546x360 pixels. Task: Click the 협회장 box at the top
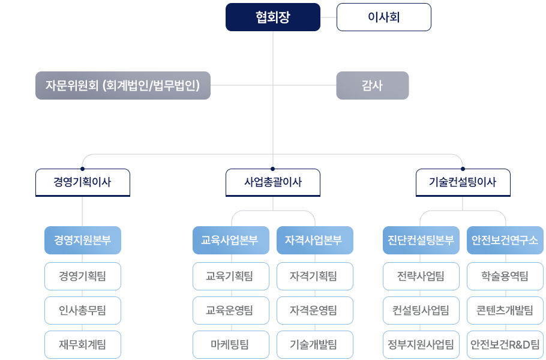pyautogui.click(x=272, y=17)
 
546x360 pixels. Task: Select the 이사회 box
pyautogui.click(x=383, y=17)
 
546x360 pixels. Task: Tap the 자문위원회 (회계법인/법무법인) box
pyautogui.click(x=123, y=85)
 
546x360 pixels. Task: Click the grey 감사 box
pyautogui.click(x=372, y=85)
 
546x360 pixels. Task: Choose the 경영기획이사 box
pyautogui.click(x=82, y=182)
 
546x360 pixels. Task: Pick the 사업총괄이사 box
pyautogui.click(x=272, y=182)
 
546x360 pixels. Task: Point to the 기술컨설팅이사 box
pyautogui.click(x=463, y=182)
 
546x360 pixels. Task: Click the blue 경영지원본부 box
pyautogui.click(x=82, y=240)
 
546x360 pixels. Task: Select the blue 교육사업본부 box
pyautogui.click(x=231, y=240)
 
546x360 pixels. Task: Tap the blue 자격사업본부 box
pyautogui.click(x=315, y=240)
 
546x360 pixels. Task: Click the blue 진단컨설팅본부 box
pyautogui.click(x=421, y=240)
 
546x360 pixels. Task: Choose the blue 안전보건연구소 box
pyautogui.click(x=505, y=240)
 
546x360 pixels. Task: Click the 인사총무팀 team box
pyautogui.click(x=82, y=310)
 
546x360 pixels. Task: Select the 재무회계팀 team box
pyautogui.click(x=82, y=344)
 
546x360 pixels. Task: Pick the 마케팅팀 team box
pyautogui.click(x=231, y=344)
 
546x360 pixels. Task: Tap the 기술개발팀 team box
pyautogui.click(x=315, y=344)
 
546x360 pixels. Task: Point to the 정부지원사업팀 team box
pyautogui.click(x=421, y=344)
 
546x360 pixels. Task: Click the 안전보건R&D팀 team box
pyautogui.click(x=505, y=344)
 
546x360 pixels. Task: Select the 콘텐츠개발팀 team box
pyautogui.click(x=505, y=310)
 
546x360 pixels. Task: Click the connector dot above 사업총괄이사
pyautogui.click(x=272, y=169)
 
